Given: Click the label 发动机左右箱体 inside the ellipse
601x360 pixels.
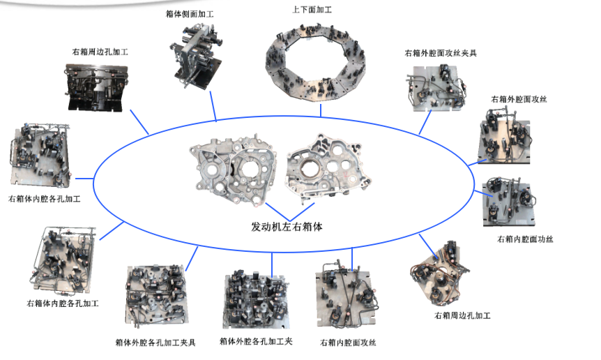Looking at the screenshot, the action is point(287,227).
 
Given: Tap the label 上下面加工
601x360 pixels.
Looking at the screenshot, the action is point(312,10).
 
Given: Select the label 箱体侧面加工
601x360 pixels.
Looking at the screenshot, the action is point(190,14).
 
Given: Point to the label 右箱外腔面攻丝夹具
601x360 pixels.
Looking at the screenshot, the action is point(441,53).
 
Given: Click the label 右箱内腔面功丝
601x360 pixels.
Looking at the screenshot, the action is point(525,239).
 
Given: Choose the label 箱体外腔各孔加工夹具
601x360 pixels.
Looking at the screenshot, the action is point(155,343).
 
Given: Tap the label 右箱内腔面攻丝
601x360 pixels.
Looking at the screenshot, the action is point(348,343).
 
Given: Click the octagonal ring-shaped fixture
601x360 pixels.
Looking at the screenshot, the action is point(315,63).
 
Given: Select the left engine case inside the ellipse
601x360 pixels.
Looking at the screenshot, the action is point(234,169).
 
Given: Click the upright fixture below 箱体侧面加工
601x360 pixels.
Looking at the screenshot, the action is point(196,56).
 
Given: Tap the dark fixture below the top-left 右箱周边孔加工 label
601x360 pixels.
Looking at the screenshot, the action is point(97,88).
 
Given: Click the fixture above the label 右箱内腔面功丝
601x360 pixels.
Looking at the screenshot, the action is point(509,202).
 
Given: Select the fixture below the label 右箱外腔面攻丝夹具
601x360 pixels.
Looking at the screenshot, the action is point(436,89).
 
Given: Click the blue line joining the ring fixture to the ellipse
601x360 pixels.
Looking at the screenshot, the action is point(321,110).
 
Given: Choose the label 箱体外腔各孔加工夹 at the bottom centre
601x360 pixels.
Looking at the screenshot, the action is point(256,341).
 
